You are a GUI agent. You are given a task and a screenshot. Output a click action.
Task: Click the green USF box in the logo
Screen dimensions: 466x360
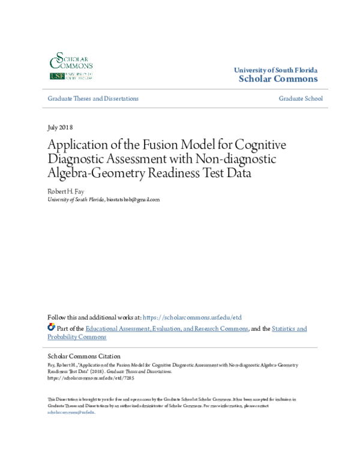tap(57, 77)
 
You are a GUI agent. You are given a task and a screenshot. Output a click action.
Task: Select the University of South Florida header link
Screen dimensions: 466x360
tap(275, 70)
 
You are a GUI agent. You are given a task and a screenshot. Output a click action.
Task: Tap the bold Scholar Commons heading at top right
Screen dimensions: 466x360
tap(278, 79)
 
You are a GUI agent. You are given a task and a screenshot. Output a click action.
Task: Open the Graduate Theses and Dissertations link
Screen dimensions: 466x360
tap(93, 98)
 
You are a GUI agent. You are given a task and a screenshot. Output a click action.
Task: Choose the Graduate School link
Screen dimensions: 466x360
tap(300, 98)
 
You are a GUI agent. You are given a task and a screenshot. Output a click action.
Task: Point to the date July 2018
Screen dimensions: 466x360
tap(60, 127)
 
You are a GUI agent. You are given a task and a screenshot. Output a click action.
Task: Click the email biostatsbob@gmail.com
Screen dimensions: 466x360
tap(133, 199)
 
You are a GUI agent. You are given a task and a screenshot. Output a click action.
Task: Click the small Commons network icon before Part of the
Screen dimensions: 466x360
tap(51, 328)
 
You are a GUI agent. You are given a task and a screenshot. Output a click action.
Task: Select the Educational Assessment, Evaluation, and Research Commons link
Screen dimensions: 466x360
tap(167, 328)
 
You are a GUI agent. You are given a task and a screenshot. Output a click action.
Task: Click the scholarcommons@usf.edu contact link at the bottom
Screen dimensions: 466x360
tap(71, 413)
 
